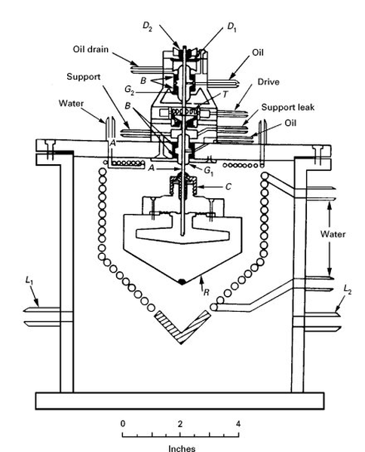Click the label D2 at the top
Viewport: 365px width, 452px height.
147,26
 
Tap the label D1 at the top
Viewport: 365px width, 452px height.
232,27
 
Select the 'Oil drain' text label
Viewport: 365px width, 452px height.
90,49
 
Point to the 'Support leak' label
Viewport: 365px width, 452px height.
287,107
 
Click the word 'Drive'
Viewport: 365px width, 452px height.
268,82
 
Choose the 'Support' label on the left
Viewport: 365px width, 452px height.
84,77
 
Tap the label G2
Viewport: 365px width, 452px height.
130,90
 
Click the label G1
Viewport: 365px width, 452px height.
209,171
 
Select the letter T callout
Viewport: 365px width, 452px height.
225,94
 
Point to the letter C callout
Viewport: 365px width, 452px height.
228,187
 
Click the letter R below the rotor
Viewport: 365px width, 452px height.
206,292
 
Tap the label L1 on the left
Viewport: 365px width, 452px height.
29,280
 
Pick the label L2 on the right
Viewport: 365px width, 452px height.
348,289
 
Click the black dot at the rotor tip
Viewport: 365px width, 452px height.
182,282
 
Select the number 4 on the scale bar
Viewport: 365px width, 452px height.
238,423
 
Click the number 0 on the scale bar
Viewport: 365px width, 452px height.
123,423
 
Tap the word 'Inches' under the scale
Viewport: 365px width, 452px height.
182,448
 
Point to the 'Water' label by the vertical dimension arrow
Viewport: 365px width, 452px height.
333,234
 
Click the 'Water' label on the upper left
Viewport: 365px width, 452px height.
71,103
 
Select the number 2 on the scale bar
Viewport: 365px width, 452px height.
180,423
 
